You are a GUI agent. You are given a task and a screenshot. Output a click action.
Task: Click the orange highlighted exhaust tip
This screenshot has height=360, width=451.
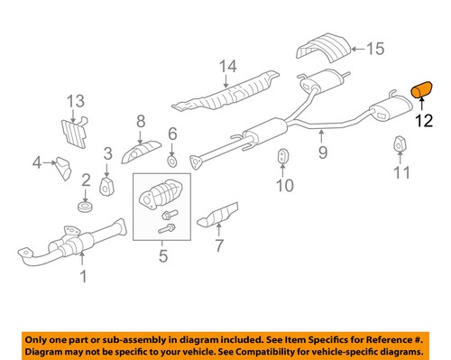coord(422,88)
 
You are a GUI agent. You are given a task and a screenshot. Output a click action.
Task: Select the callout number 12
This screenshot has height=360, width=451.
coord(423,119)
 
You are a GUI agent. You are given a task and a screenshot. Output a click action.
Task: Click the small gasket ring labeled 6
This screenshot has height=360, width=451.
coord(171,163)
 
